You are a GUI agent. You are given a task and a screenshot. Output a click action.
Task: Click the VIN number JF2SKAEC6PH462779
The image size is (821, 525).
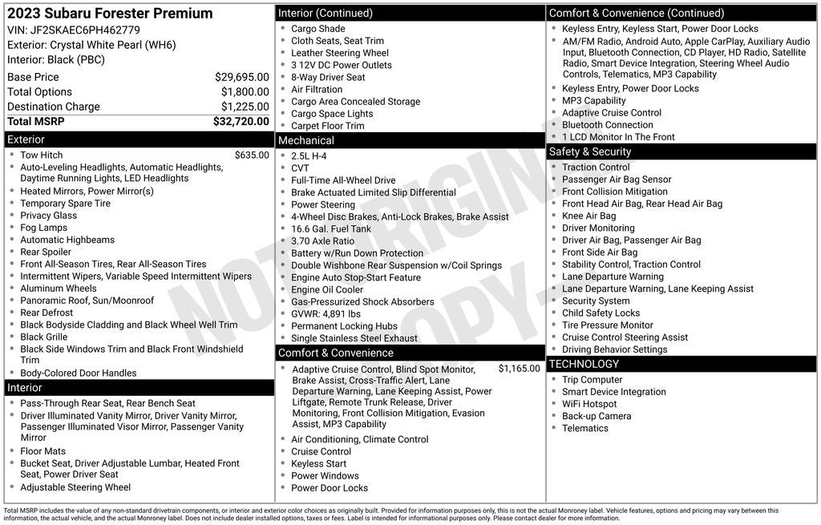(85, 30)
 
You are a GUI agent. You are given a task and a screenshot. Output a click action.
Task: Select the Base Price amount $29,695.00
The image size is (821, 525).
(241, 77)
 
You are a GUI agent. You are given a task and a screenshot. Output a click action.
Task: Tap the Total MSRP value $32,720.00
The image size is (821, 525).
(241, 122)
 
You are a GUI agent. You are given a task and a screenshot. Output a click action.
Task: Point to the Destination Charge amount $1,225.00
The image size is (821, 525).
(245, 107)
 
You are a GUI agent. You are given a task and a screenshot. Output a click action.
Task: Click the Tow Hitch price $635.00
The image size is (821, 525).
(252, 155)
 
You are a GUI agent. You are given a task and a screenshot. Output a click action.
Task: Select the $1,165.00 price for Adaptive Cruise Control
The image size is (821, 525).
(519, 369)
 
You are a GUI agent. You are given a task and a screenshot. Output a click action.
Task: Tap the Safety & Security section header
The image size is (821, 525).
(589, 151)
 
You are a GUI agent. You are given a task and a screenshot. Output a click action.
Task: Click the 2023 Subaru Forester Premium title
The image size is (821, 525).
(110, 13)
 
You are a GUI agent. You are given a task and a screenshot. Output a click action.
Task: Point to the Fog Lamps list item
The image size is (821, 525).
(44, 228)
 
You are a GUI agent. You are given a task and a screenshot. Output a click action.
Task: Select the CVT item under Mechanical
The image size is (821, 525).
(300, 168)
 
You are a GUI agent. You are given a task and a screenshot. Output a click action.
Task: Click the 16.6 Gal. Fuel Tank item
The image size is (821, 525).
(331, 228)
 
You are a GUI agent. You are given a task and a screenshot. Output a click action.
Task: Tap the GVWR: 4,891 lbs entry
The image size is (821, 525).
(326, 314)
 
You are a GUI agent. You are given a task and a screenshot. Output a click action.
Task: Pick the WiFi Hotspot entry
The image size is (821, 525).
(589, 404)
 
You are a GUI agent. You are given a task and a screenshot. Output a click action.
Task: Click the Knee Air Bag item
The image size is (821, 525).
(588, 216)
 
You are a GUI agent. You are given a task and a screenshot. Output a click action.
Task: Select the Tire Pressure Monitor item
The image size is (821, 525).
(607, 325)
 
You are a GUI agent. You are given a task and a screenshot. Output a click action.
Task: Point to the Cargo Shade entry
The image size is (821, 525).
(317, 29)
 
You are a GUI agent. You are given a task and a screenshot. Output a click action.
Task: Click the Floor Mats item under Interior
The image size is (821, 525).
(43, 451)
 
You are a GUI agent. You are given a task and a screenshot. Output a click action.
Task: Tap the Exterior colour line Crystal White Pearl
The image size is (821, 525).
(91, 45)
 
